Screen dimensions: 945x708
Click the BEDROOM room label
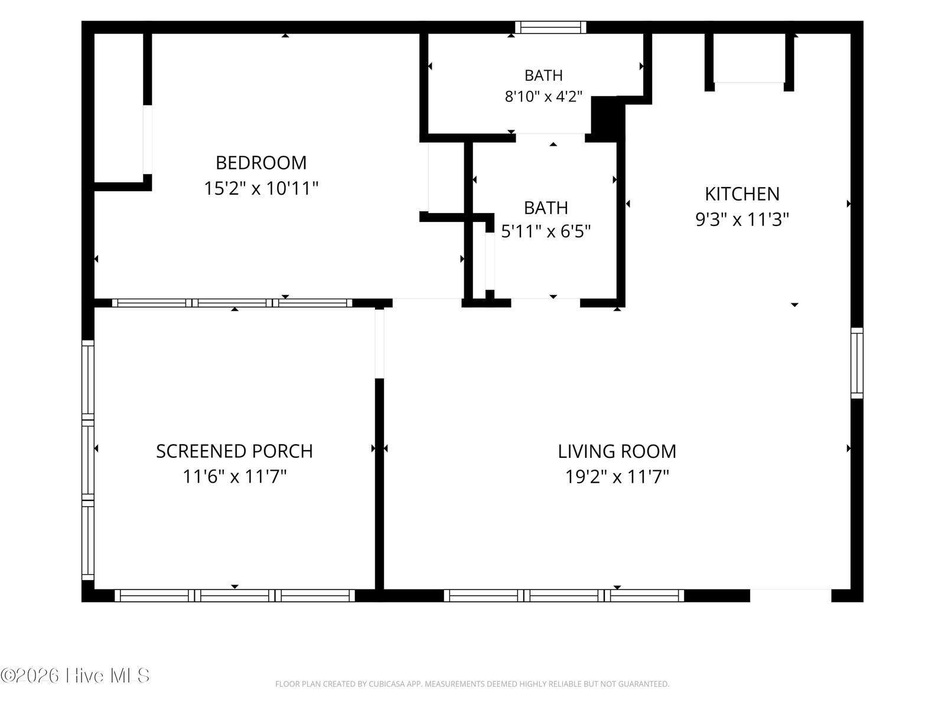coord(261,163)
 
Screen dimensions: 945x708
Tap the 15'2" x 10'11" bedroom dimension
coord(261,188)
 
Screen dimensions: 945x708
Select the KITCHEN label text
coord(742,194)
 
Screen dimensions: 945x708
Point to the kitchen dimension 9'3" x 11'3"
coord(742,219)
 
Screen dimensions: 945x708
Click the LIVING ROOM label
coord(617,451)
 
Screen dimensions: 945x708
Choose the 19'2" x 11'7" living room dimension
coord(617,477)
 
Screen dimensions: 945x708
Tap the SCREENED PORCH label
coord(234,451)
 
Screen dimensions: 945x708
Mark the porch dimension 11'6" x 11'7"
coord(234,477)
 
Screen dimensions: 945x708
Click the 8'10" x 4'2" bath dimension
coord(543,97)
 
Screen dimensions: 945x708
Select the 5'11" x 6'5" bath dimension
coord(546,232)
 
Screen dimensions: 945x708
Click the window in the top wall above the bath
coord(550,28)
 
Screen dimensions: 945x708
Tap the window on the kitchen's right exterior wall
coord(857,363)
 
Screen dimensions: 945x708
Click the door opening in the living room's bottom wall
coord(790,595)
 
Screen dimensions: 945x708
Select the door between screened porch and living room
coord(379,343)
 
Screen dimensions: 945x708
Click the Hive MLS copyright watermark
coord(75,676)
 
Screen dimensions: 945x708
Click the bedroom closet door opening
coord(147,139)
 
